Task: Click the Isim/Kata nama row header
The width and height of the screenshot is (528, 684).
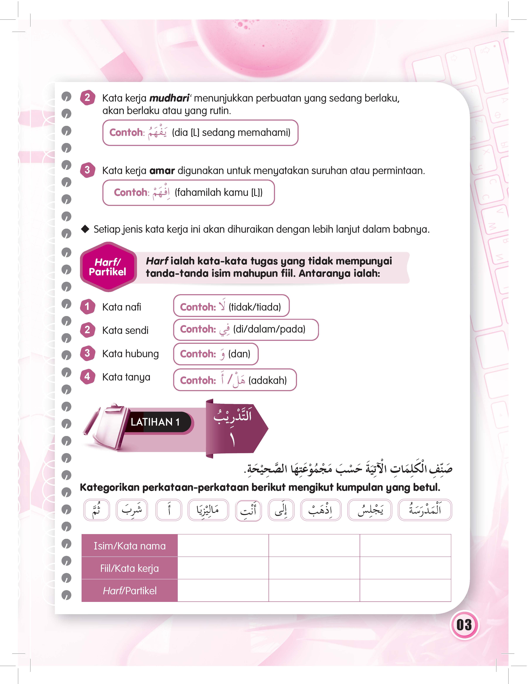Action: click(x=130, y=546)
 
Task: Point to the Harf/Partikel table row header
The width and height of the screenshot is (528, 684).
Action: click(x=130, y=591)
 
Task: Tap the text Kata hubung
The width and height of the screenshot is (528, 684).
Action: click(x=130, y=354)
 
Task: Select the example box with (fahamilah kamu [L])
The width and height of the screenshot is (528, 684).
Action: click(x=188, y=193)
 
